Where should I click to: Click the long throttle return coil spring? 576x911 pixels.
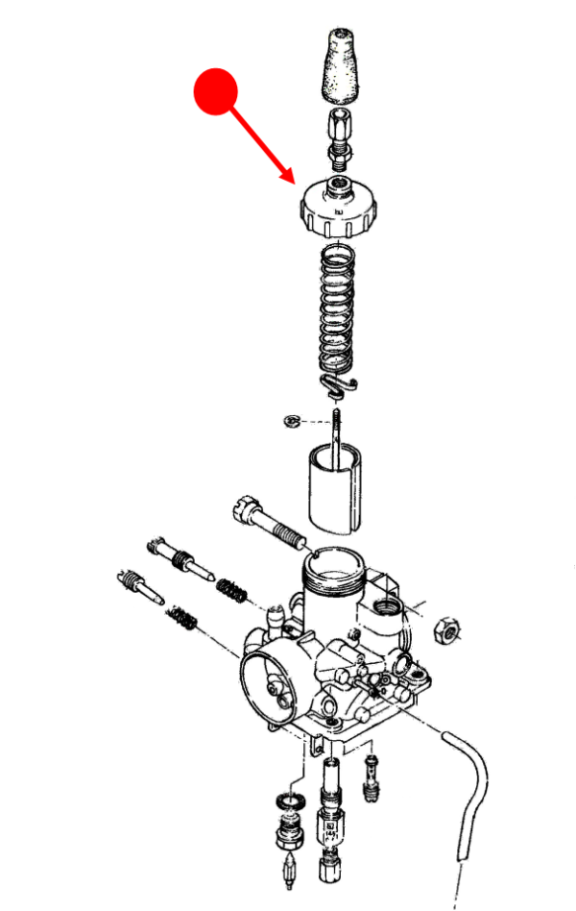pos(335,308)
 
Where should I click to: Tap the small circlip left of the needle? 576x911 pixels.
pos(292,421)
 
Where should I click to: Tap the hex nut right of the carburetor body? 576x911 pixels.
pos(448,629)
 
